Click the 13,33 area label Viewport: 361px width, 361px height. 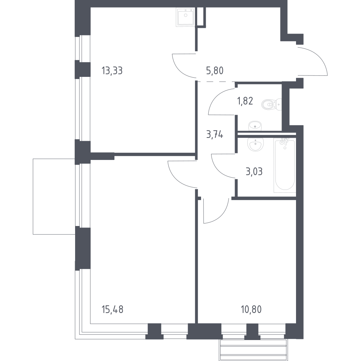(112, 70)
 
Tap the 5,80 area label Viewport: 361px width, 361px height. (215, 70)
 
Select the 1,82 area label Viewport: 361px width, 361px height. (245, 101)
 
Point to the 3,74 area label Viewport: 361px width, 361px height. (214, 134)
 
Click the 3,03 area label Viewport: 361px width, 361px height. (254, 172)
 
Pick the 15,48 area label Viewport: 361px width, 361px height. (112, 310)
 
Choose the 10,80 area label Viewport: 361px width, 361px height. (251, 310)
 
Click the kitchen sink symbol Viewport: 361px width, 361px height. (186, 17)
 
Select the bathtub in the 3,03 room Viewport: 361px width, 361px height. (285, 165)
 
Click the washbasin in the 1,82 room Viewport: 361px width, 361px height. (255, 126)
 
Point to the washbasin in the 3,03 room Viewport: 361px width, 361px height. (255, 144)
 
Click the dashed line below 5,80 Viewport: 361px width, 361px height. (216, 82)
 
